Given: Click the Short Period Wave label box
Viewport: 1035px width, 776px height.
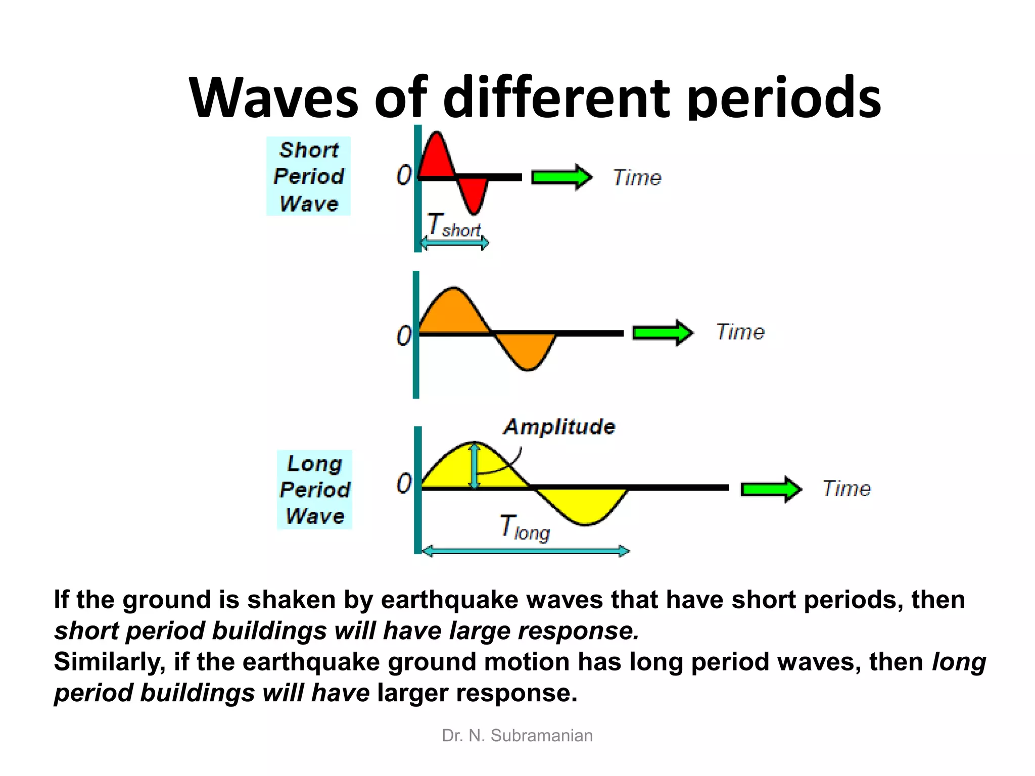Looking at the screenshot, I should click(308, 176).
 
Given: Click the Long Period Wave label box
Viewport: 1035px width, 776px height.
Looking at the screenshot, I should click(314, 490).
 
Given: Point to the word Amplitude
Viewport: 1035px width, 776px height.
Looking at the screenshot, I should click(559, 427).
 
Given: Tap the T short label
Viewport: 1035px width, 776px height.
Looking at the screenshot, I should click(453, 225).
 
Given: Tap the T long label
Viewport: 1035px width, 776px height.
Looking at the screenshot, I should click(525, 528).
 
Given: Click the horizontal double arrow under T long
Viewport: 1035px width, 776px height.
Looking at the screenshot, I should click(526, 551).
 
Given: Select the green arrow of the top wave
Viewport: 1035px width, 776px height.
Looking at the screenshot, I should click(561, 177).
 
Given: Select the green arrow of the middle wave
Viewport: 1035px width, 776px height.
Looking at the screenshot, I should click(663, 333).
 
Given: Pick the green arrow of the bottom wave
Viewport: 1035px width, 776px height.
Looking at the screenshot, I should click(771, 489).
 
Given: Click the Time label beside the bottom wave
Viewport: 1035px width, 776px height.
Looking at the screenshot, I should click(846, 489).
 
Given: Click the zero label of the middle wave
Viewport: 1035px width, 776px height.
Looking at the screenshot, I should click(404, 336).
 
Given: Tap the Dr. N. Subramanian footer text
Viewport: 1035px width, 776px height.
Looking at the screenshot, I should click(517, 736).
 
